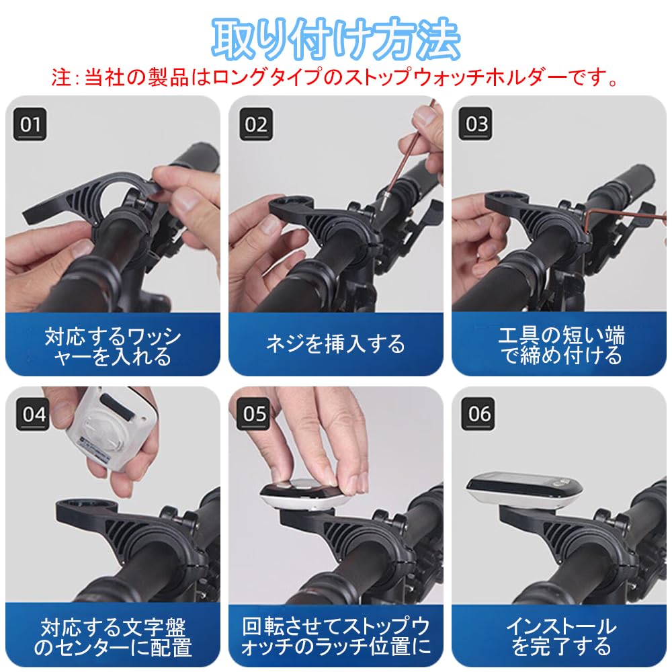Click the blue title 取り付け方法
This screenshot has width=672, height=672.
click(336, 39)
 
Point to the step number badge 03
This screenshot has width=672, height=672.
click(478, 124)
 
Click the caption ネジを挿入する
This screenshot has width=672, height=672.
click(336, 345)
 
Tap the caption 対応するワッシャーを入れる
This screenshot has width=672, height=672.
click(113, 345)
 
